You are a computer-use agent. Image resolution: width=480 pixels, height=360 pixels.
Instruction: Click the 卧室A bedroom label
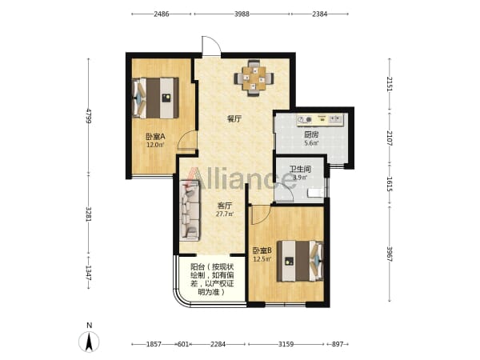pyautogui.click(x=155, y=136)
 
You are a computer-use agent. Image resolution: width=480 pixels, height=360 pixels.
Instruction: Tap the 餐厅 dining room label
pyautogui.click(x=234, y=118)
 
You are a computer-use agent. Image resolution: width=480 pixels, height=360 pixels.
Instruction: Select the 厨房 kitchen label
pyautogui.click(x=311, y=134)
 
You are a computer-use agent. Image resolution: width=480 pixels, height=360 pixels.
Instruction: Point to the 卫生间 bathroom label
pyautogui.click(x=300, y=169)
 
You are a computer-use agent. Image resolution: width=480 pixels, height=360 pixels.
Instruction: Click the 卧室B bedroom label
pyautogui.click(x=262, y=250)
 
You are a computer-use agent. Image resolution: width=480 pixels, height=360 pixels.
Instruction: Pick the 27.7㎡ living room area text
pyautogui.click(x=225, y=214)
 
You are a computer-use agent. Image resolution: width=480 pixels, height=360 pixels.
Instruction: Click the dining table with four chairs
pyautogui.click(x=254, y=78)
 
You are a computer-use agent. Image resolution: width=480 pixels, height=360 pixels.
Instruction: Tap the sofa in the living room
pyautogui.click(x=190, y=210)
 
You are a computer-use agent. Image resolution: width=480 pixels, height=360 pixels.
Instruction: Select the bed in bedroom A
pyautogui.click(x=155, y=98)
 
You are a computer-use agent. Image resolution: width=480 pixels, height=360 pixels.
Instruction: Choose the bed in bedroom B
pyautogui.click(x=300, y=261)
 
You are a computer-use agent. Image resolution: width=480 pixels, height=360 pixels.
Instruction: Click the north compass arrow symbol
pyautogui.click(x=89, y=342)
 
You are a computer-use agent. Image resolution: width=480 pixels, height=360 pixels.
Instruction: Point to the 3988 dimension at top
pyautogui.click(x=242, y=14)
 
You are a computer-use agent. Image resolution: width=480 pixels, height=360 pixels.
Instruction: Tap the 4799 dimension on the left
pyautogui.click(x=89, y=116)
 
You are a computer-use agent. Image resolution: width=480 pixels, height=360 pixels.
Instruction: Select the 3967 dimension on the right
pyautogui.click(x=390, y=254)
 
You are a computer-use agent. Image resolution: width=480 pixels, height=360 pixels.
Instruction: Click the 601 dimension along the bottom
pyautogui.click(x=183, y=344)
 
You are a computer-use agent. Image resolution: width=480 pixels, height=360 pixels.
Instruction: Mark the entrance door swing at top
pyautogui.click(x=211, y=46)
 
